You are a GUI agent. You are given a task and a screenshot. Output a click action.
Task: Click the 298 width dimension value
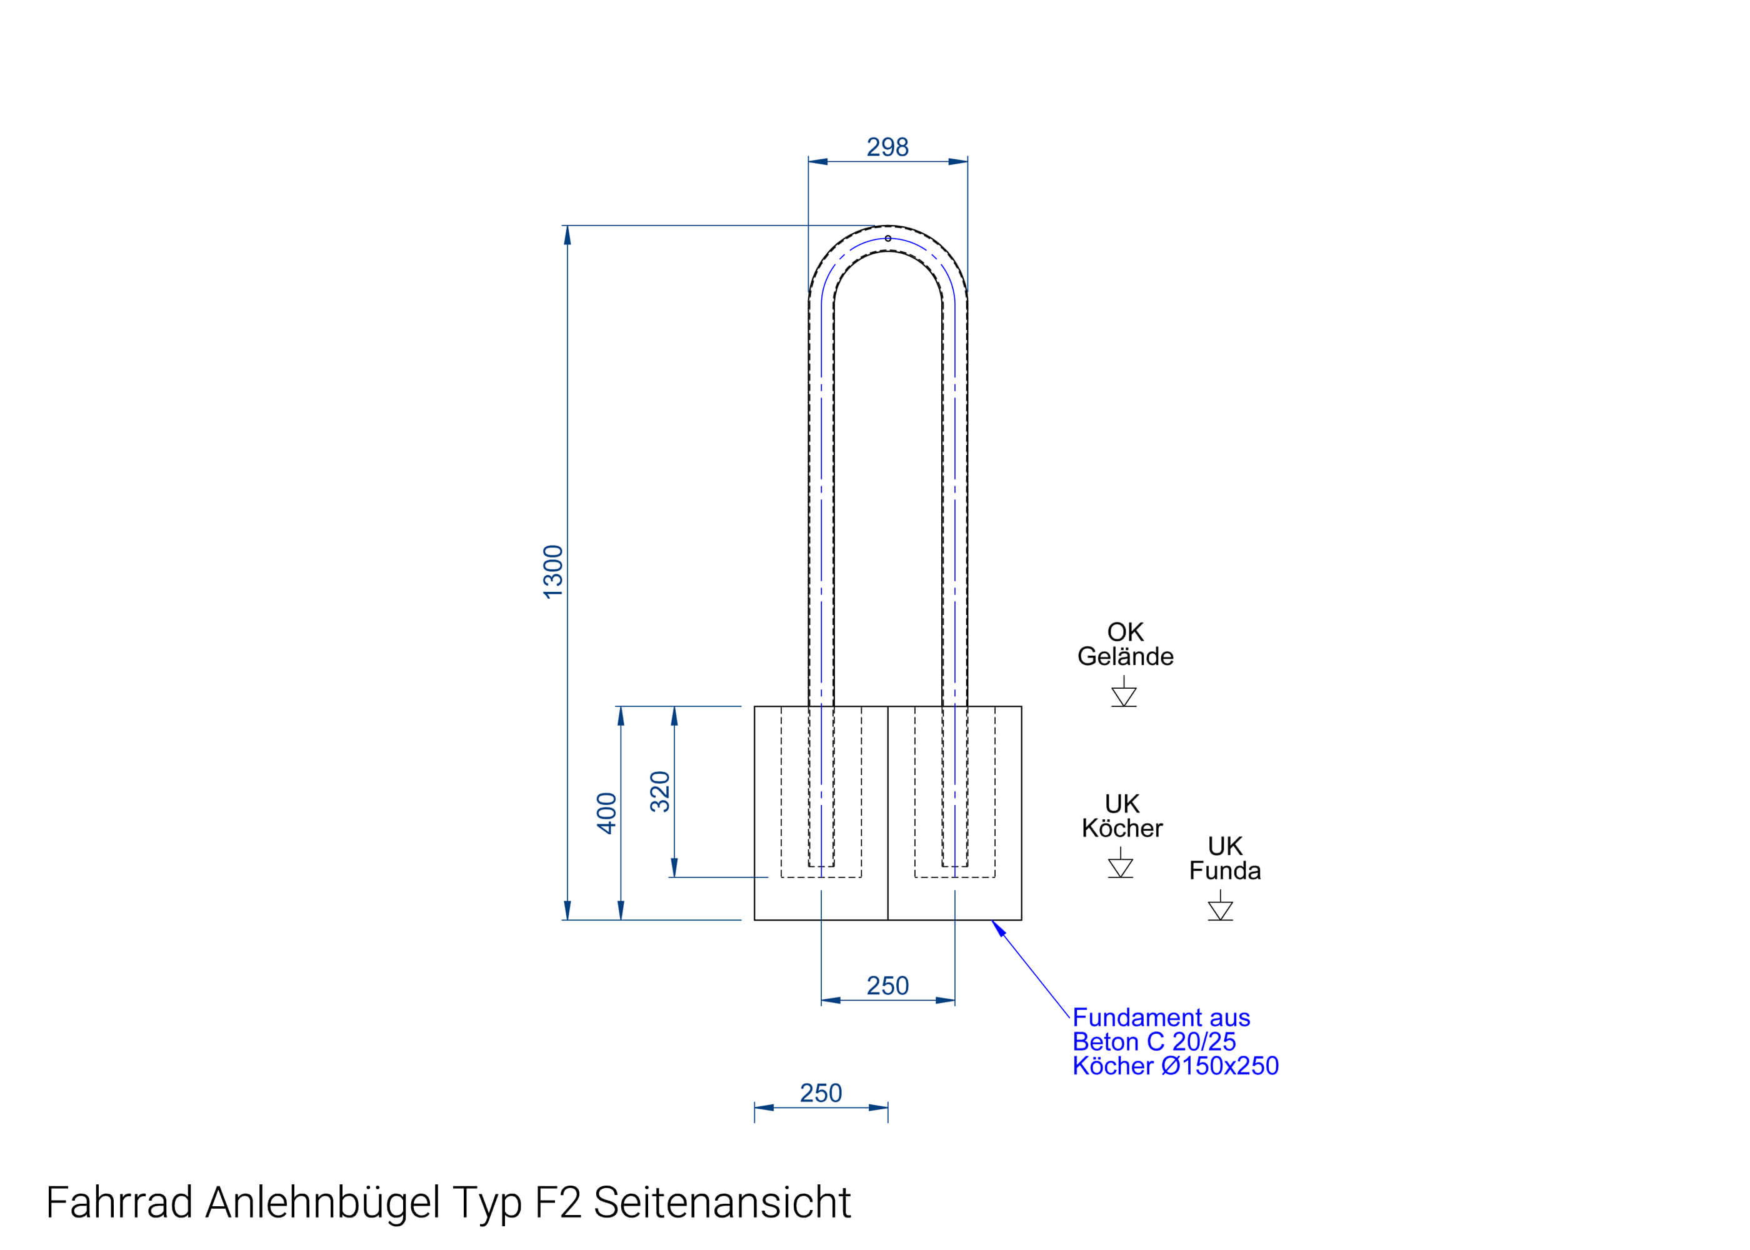[887, 147]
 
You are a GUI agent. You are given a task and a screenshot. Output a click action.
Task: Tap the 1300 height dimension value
[553, 572]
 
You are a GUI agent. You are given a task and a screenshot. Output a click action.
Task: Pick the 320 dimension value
[660, 791]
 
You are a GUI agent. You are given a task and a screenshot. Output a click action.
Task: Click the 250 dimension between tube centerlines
[887, 986]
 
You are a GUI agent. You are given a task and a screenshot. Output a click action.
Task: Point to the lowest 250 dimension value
[821, 1093]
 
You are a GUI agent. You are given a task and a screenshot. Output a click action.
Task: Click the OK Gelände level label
[1124, 644]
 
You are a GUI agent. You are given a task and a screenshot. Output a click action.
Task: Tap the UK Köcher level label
[1121, 816]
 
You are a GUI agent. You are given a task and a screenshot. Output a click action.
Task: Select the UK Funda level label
[1224, 858]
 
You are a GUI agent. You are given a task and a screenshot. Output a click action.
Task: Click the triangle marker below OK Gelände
[1124, 696]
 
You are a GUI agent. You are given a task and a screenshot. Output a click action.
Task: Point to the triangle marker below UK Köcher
[1121, 867]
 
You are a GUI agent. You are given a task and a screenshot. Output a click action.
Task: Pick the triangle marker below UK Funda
[1220, 910]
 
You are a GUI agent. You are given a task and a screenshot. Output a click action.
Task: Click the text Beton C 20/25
[1154, 1041]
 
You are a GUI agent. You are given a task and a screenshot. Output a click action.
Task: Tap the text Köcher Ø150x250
[1175, 1066]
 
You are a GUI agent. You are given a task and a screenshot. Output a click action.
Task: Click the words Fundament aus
[1161, 1017]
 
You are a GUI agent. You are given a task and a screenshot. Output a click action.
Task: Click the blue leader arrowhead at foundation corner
[998, 928]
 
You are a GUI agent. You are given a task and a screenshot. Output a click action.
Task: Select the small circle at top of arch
[887, 239]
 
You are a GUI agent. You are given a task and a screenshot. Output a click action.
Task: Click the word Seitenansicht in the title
[722, 1202]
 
